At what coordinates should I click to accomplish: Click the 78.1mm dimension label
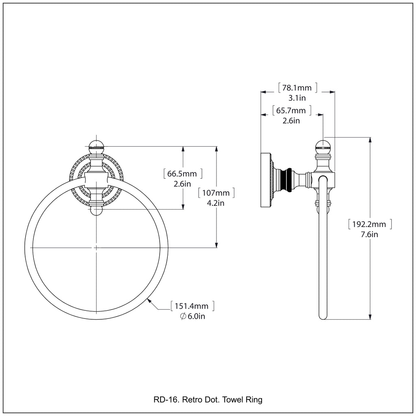click(297, 87)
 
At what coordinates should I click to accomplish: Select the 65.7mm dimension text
click(291, 110)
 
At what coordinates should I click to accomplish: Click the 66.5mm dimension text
click(182, 174)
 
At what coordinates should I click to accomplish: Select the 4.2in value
click(216, 203)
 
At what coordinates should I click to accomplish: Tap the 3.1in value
click(297, 98)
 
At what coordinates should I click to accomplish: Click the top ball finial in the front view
click(97, 145)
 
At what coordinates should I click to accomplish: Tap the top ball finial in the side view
click(323, 145)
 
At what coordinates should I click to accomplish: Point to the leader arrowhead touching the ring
click(149, 300)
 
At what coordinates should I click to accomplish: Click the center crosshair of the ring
click(96, 247)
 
